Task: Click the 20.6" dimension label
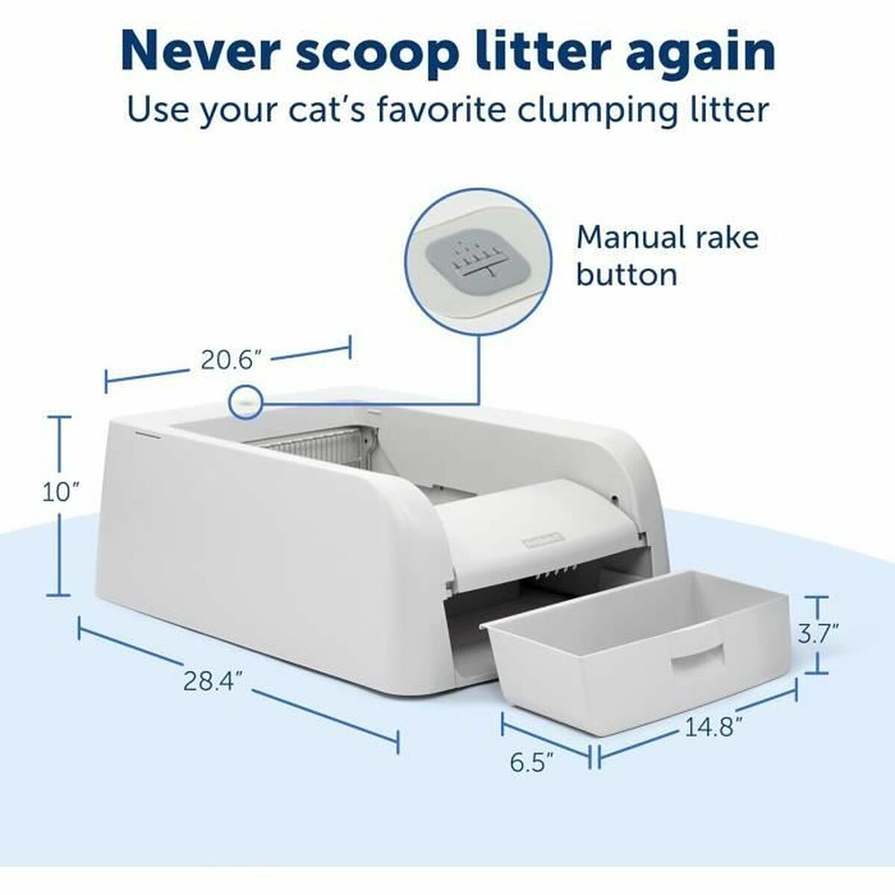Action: pos(231,360)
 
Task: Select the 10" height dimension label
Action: pos(61,492)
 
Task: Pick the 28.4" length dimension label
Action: pos(212,681)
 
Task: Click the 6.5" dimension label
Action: pos(532,762)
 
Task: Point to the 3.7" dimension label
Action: pos(817,635)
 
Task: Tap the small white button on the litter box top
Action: pos(246,402)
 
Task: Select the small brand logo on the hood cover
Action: pos(542,540)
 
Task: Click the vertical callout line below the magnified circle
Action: pos(479,369)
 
